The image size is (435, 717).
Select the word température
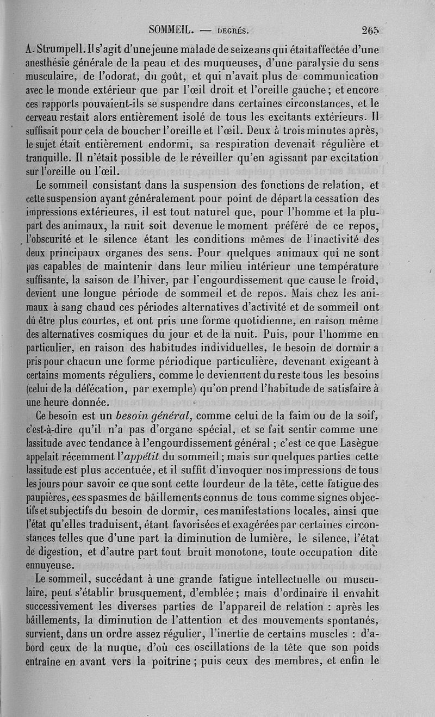(344, 266)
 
